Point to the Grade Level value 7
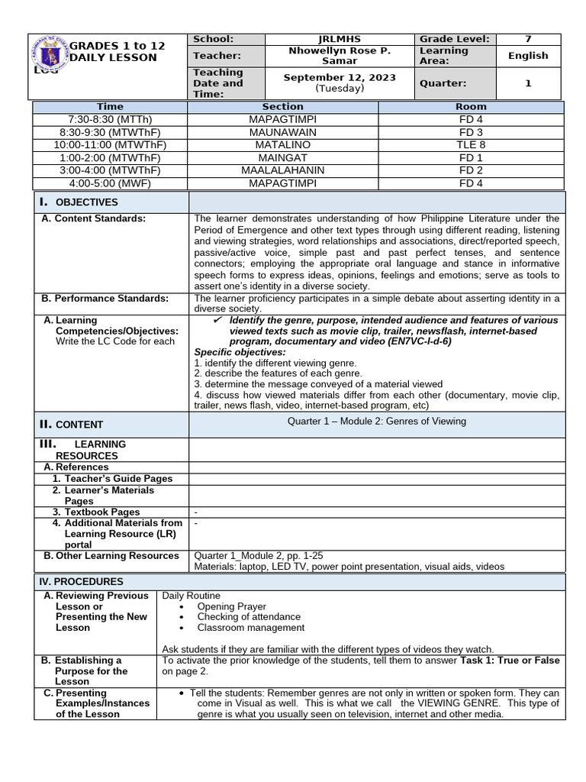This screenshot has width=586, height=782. tap(528, 39)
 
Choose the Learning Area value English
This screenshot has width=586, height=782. tap(528, 56)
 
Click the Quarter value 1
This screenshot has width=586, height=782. tap(528, 83)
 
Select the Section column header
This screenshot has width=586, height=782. tap(282, 107)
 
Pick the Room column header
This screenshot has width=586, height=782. tap(471, 107)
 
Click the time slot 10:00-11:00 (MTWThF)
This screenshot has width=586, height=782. tap(110, 144)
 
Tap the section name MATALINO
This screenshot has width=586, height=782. tap(282, 144)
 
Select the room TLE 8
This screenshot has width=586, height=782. tap(471, 144)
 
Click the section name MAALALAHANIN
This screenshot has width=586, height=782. tap(282, 170)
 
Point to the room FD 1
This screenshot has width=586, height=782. tap(471, 157)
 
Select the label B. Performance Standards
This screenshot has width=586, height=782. tap(105, 299)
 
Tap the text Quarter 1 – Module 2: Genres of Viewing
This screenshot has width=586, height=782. tap(376, 422)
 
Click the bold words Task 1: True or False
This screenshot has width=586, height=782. tap(510, 661)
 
